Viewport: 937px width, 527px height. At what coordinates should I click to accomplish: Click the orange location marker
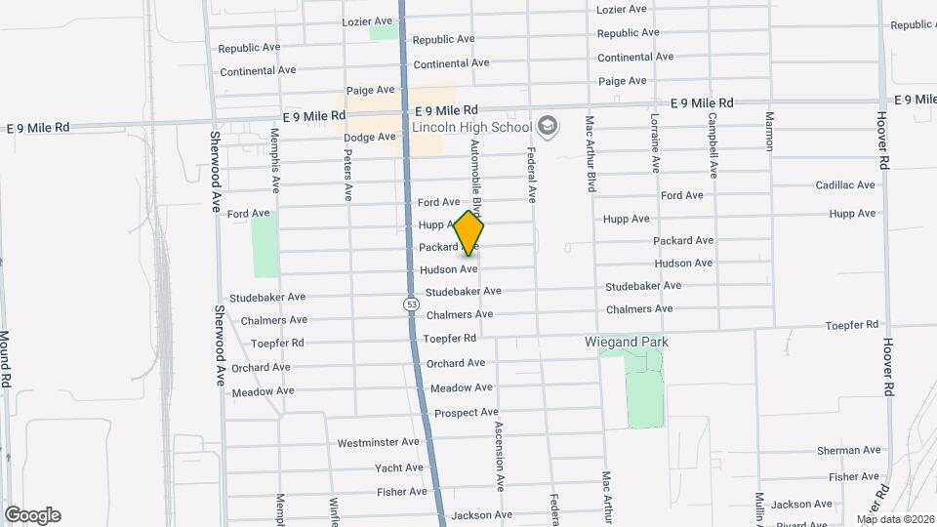[x=469, y=232]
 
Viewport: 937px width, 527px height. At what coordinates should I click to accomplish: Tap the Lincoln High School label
[x=471, y=127]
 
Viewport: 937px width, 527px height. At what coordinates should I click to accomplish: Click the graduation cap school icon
[x=548, y=126]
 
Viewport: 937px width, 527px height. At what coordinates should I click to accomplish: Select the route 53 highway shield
[x=412, y=304]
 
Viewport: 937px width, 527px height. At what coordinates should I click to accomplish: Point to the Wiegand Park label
[x=626, y=343]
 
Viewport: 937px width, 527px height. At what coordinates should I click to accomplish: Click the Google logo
[x=32, y=515]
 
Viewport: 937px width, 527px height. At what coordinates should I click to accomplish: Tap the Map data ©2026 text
[x=894, y=519]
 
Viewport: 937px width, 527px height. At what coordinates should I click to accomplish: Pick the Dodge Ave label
[x=372, y=138]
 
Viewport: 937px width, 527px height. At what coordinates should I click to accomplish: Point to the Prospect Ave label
[x=467, y=413]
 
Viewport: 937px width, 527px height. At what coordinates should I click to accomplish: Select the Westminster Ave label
[x=379, y=443]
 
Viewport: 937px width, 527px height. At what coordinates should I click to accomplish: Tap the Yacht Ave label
[x=398, y=468]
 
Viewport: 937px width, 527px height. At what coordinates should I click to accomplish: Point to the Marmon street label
[x=769, y=131]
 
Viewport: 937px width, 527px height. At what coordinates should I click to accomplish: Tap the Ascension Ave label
[x=498, y=456]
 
